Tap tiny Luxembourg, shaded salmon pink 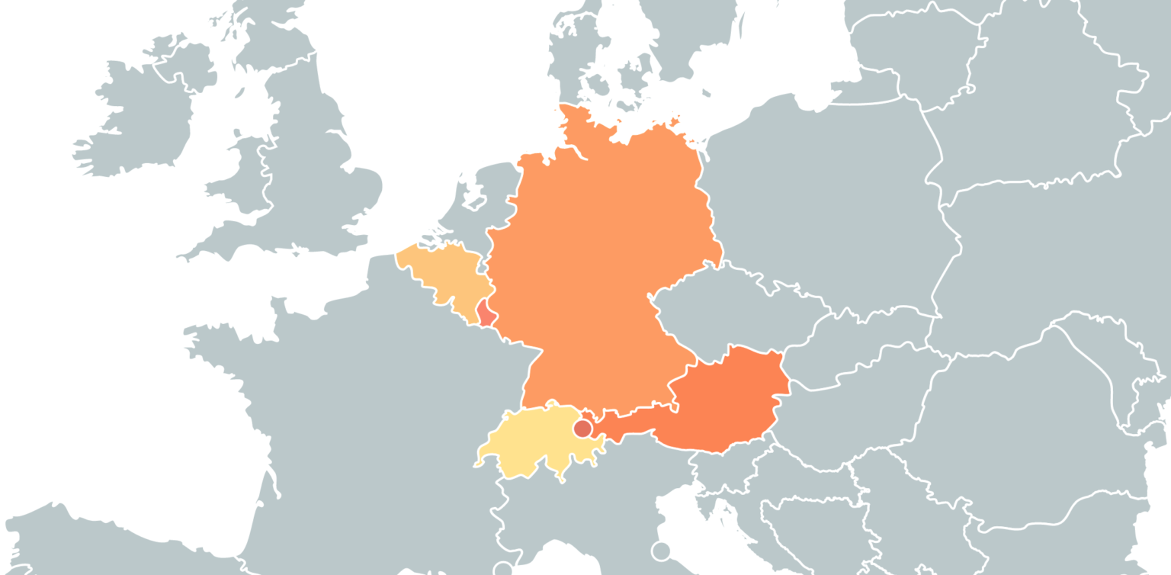484,313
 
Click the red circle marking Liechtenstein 583,429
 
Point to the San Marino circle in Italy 660,551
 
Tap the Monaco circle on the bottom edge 502,569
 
